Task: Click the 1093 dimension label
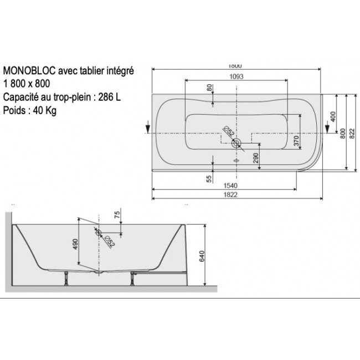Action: (236, 77)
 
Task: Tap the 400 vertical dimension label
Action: (333, 117)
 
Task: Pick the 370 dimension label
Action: (296, 141)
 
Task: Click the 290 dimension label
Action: (256, 158)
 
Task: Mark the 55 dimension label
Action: (209, 178)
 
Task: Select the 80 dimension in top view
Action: (209, 89)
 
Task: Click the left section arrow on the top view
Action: (148, 126)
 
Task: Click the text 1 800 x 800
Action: (27, 84)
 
